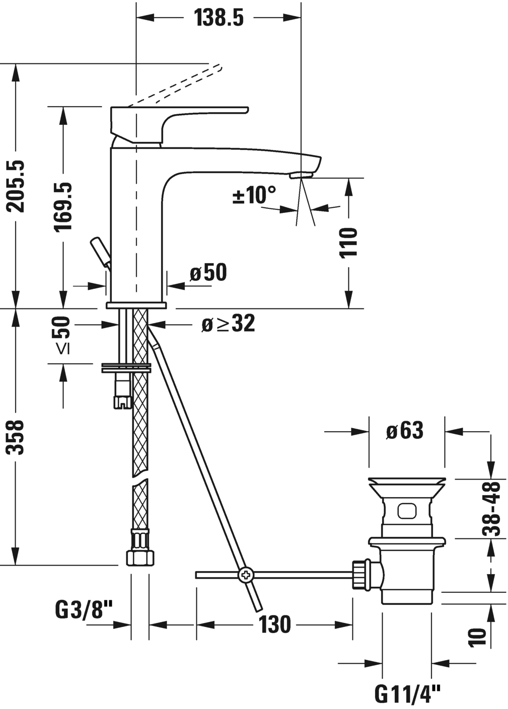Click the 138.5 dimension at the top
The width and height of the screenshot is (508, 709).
point(219,18)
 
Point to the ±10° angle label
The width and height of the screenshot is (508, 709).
point(255,195)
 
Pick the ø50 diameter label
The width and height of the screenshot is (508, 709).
point(208,273)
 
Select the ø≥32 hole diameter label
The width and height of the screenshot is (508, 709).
point(228,324)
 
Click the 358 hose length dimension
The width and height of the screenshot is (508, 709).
point(17,437)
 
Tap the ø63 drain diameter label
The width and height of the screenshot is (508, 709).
point(405,431)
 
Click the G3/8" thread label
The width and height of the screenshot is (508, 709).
point(83,611)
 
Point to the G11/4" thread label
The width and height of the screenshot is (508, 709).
point(407,695)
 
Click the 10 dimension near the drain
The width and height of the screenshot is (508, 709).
point(478,637)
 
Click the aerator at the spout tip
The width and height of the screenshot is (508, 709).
point(301,175)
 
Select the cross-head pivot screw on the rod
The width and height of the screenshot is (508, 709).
point(247,574)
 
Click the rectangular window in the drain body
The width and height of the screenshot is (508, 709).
point(407,511)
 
